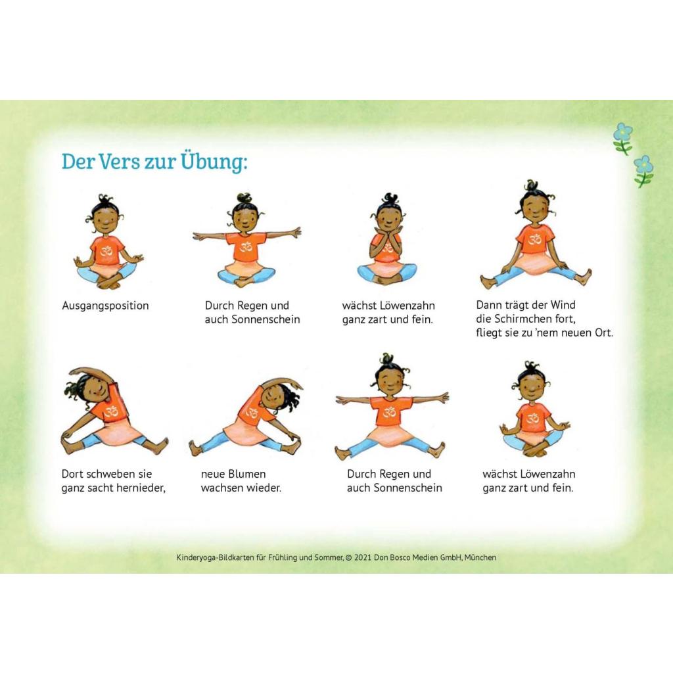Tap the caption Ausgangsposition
click(105, 306)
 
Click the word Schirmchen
click(534, 319)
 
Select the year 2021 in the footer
click(363, 557)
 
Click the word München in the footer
click(480, 557)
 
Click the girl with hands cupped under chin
click(386, 239)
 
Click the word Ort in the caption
click(603, 333)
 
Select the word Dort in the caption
click(72, 474)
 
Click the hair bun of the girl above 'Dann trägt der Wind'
click(532, 186)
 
